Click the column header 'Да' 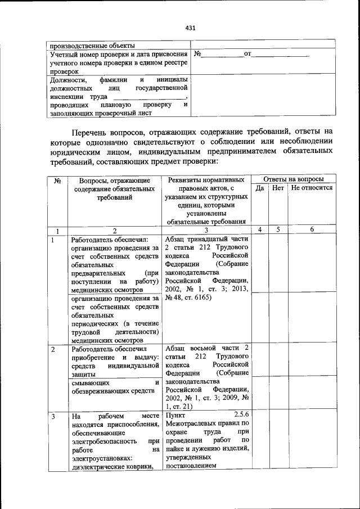260,188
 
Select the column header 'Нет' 278,188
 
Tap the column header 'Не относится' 312,188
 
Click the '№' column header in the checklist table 57,180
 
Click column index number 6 312,229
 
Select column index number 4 260,229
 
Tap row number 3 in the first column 52,416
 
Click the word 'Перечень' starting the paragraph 92,132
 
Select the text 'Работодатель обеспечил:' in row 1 109,240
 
